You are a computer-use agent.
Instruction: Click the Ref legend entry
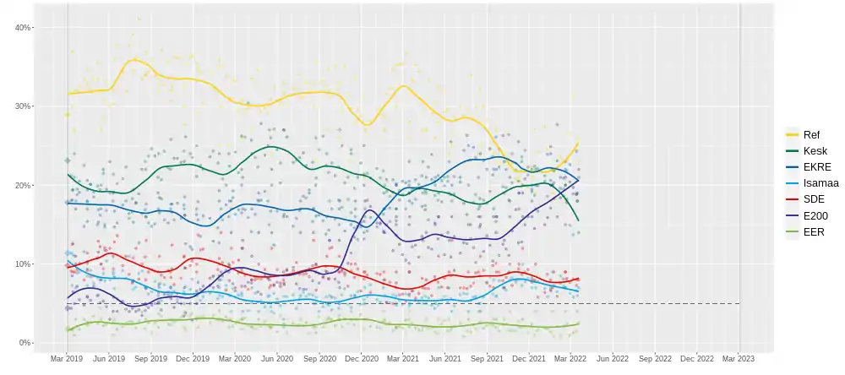811,134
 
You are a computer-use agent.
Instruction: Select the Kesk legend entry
814,150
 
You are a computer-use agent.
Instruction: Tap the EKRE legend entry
816,166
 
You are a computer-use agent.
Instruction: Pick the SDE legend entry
814,198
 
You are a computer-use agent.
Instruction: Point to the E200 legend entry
815,215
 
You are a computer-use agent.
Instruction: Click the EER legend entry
814,231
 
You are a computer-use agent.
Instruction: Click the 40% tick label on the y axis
22,27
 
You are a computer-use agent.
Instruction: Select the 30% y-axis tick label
22,106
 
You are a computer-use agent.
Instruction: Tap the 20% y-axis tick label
22,185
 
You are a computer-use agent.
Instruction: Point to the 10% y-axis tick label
22,264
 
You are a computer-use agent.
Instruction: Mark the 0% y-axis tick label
25,343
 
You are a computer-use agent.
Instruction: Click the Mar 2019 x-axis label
67,359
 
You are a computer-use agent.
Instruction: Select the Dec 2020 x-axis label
361,359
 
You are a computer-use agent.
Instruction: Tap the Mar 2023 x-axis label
739,359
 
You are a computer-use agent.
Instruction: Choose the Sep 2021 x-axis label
487,359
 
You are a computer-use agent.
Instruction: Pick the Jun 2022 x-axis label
613,359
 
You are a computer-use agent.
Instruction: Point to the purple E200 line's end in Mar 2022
578,179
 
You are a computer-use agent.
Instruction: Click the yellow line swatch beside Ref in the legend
792,134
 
